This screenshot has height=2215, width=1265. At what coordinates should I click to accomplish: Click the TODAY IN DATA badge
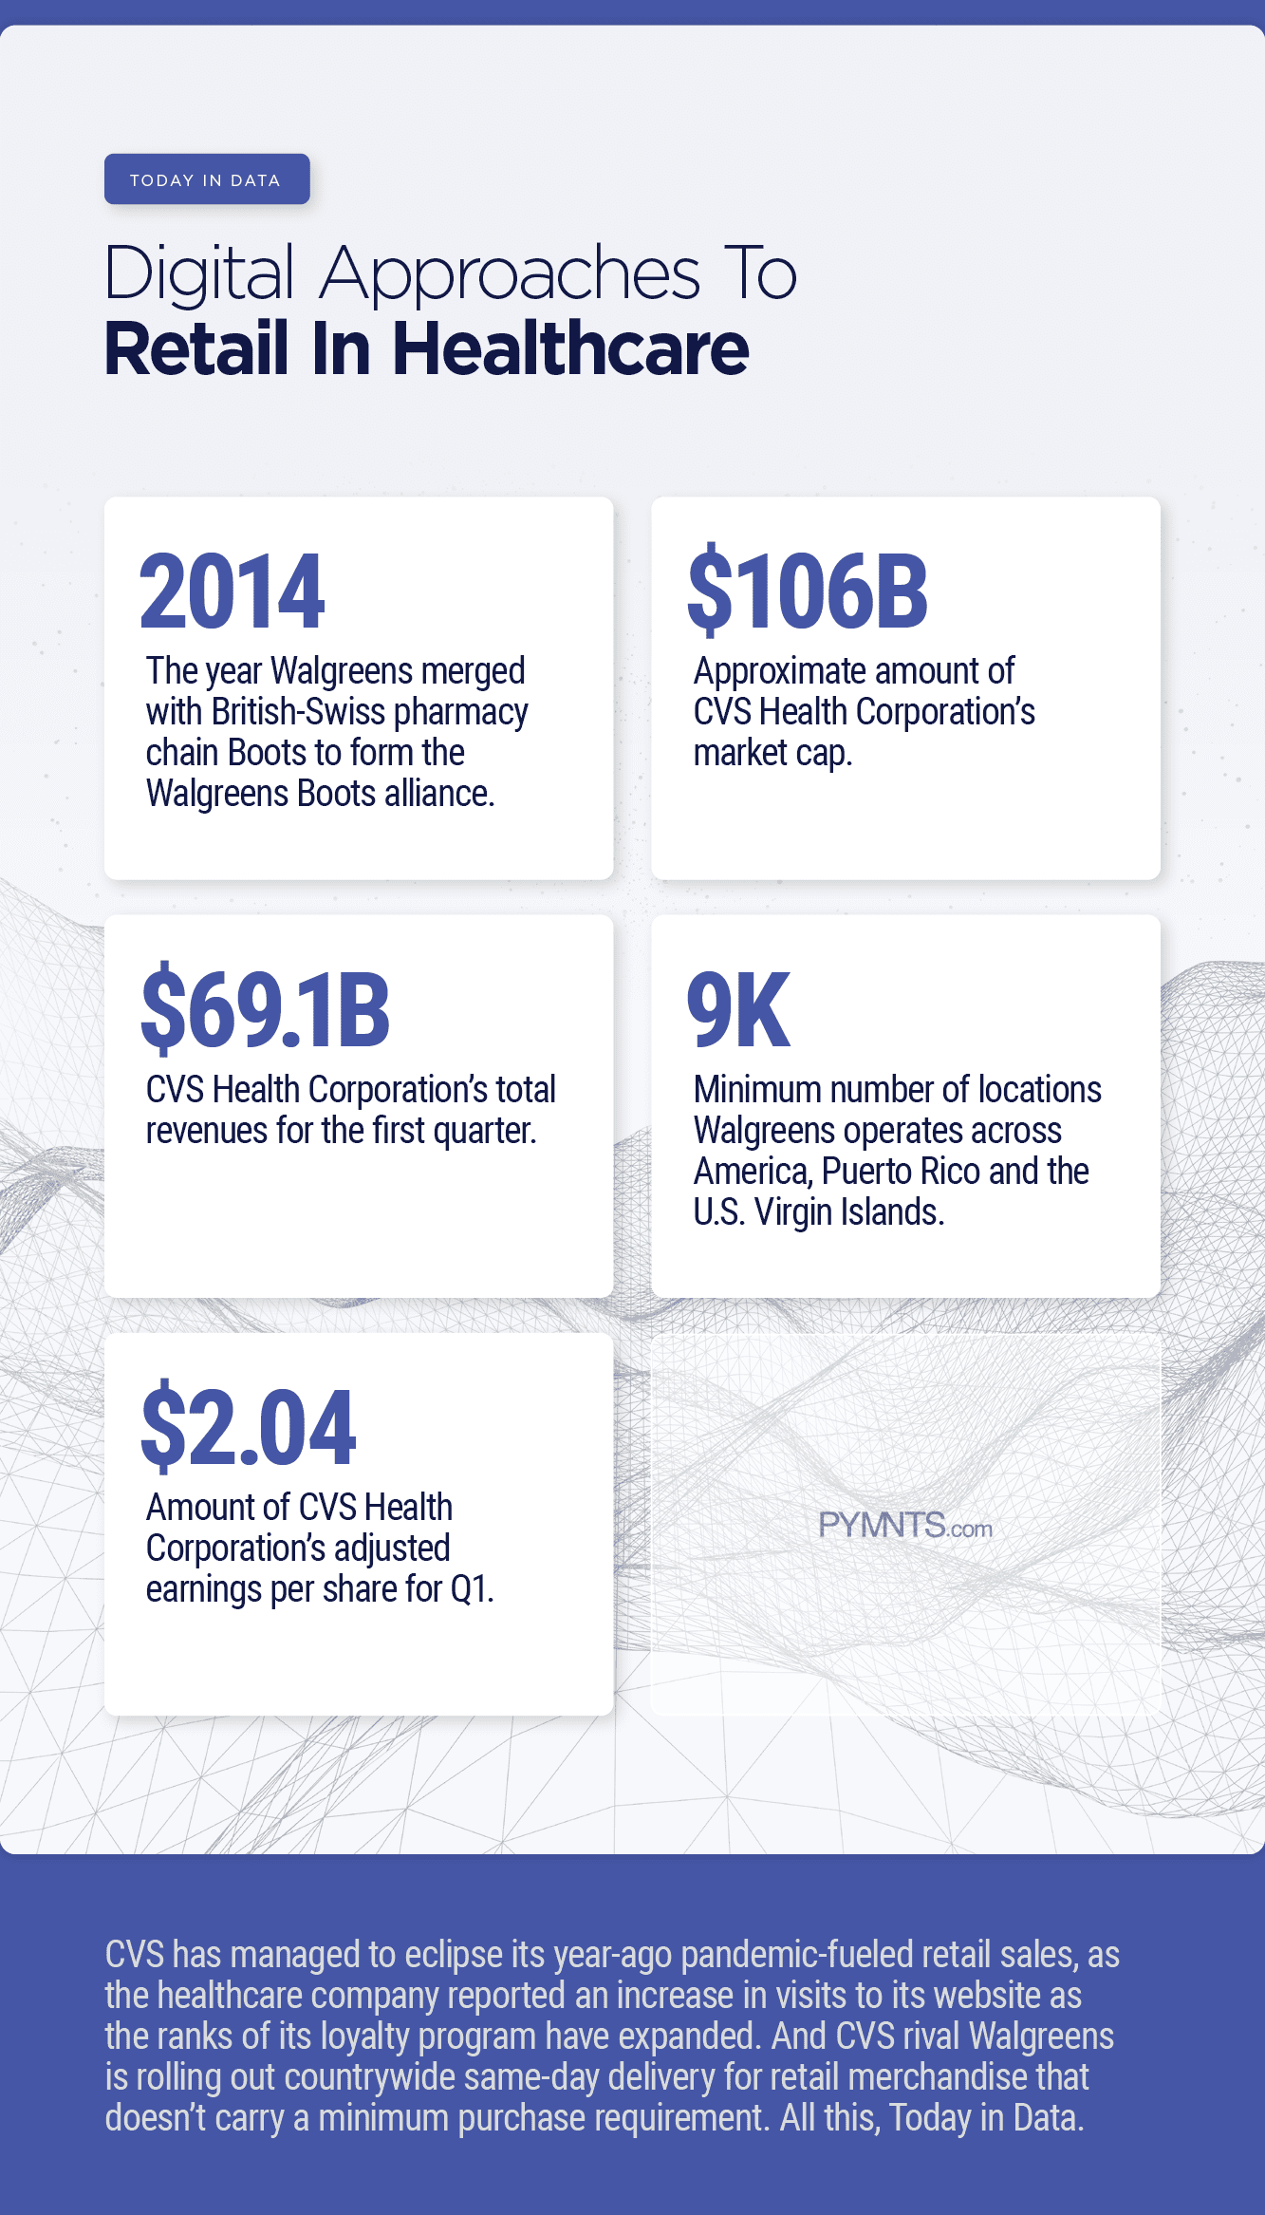click(x=207, y=179)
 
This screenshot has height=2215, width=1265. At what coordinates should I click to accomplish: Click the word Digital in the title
click(x=200, y=273)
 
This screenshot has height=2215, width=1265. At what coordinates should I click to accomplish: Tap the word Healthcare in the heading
click(x=570, y=349)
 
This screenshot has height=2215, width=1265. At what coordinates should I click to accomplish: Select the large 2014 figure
click(x=232, y=591)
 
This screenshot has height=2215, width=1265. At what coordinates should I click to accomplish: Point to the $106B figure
click(x=808, y=591)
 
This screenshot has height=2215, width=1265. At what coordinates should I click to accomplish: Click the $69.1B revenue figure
click(x=266, y=1009)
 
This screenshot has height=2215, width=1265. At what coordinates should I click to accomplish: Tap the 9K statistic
click(x=738, y=1009)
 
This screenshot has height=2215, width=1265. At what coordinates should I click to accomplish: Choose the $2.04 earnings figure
click(x=249, y=1427)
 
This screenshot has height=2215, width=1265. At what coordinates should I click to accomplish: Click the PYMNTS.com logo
click(x=905, y=1526)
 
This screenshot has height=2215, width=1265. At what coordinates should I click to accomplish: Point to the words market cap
click(x=772, y=753)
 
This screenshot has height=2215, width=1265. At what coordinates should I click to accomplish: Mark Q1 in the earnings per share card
click(x=472, y=1589)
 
